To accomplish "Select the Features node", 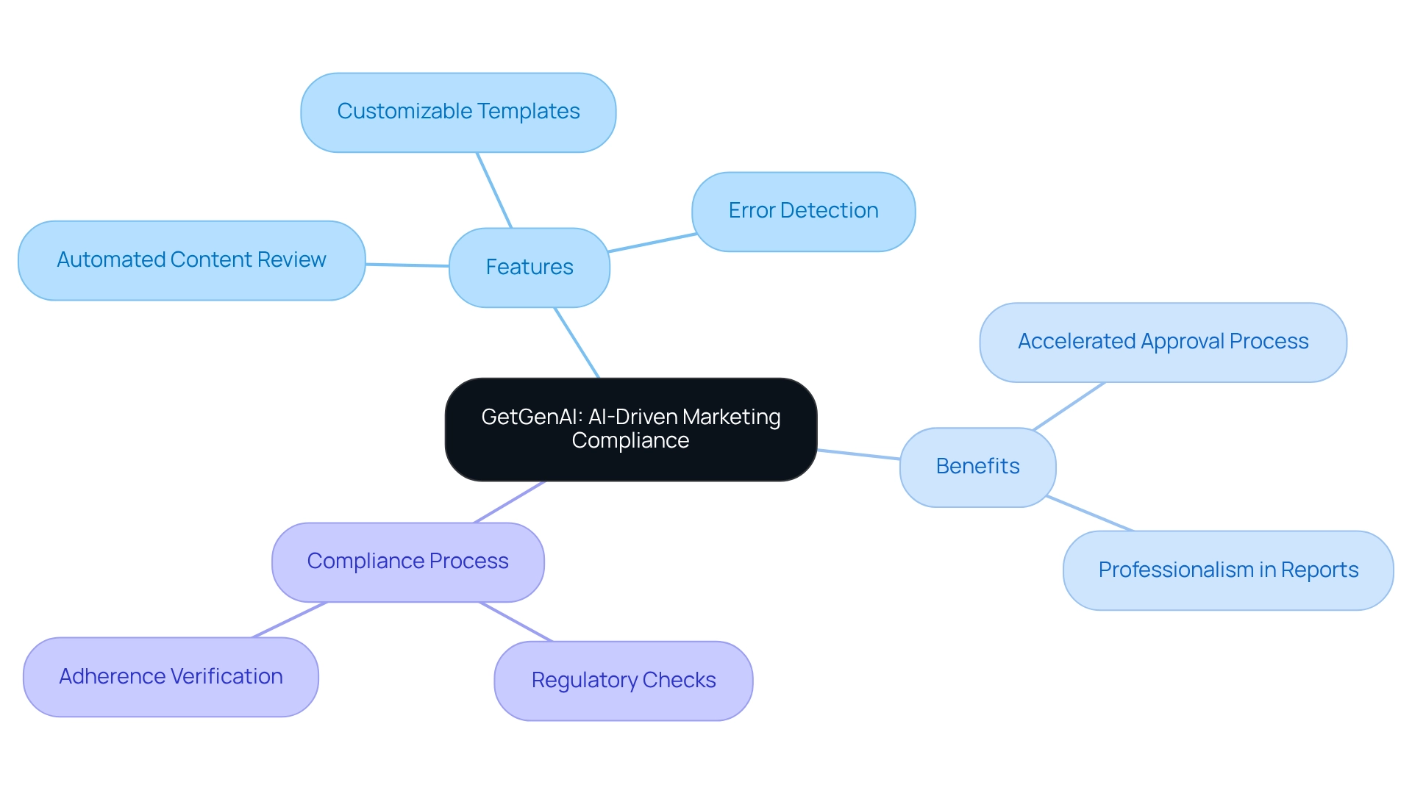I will pos(529,268).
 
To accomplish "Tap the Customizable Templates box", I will pos(458,112).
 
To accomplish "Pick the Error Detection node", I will pos(803,212).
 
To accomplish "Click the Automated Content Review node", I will pos(191,260).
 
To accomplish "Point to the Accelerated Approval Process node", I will pos(1163,343).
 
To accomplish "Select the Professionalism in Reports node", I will pos(1227,570).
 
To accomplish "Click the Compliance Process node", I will pos(407,562).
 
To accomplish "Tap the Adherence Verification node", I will pos(171,677).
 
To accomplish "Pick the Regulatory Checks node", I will pos(623,681).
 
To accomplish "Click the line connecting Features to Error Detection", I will pos(652,243).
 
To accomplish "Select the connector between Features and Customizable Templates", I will pos(494,190).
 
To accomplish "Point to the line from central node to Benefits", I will pos(858,454).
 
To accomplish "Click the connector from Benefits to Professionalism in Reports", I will pos(1089,513).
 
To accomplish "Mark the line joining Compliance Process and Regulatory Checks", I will pos(516,622).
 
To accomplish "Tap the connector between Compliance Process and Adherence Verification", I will pos(289,620).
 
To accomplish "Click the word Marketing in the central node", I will pos(731,417).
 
